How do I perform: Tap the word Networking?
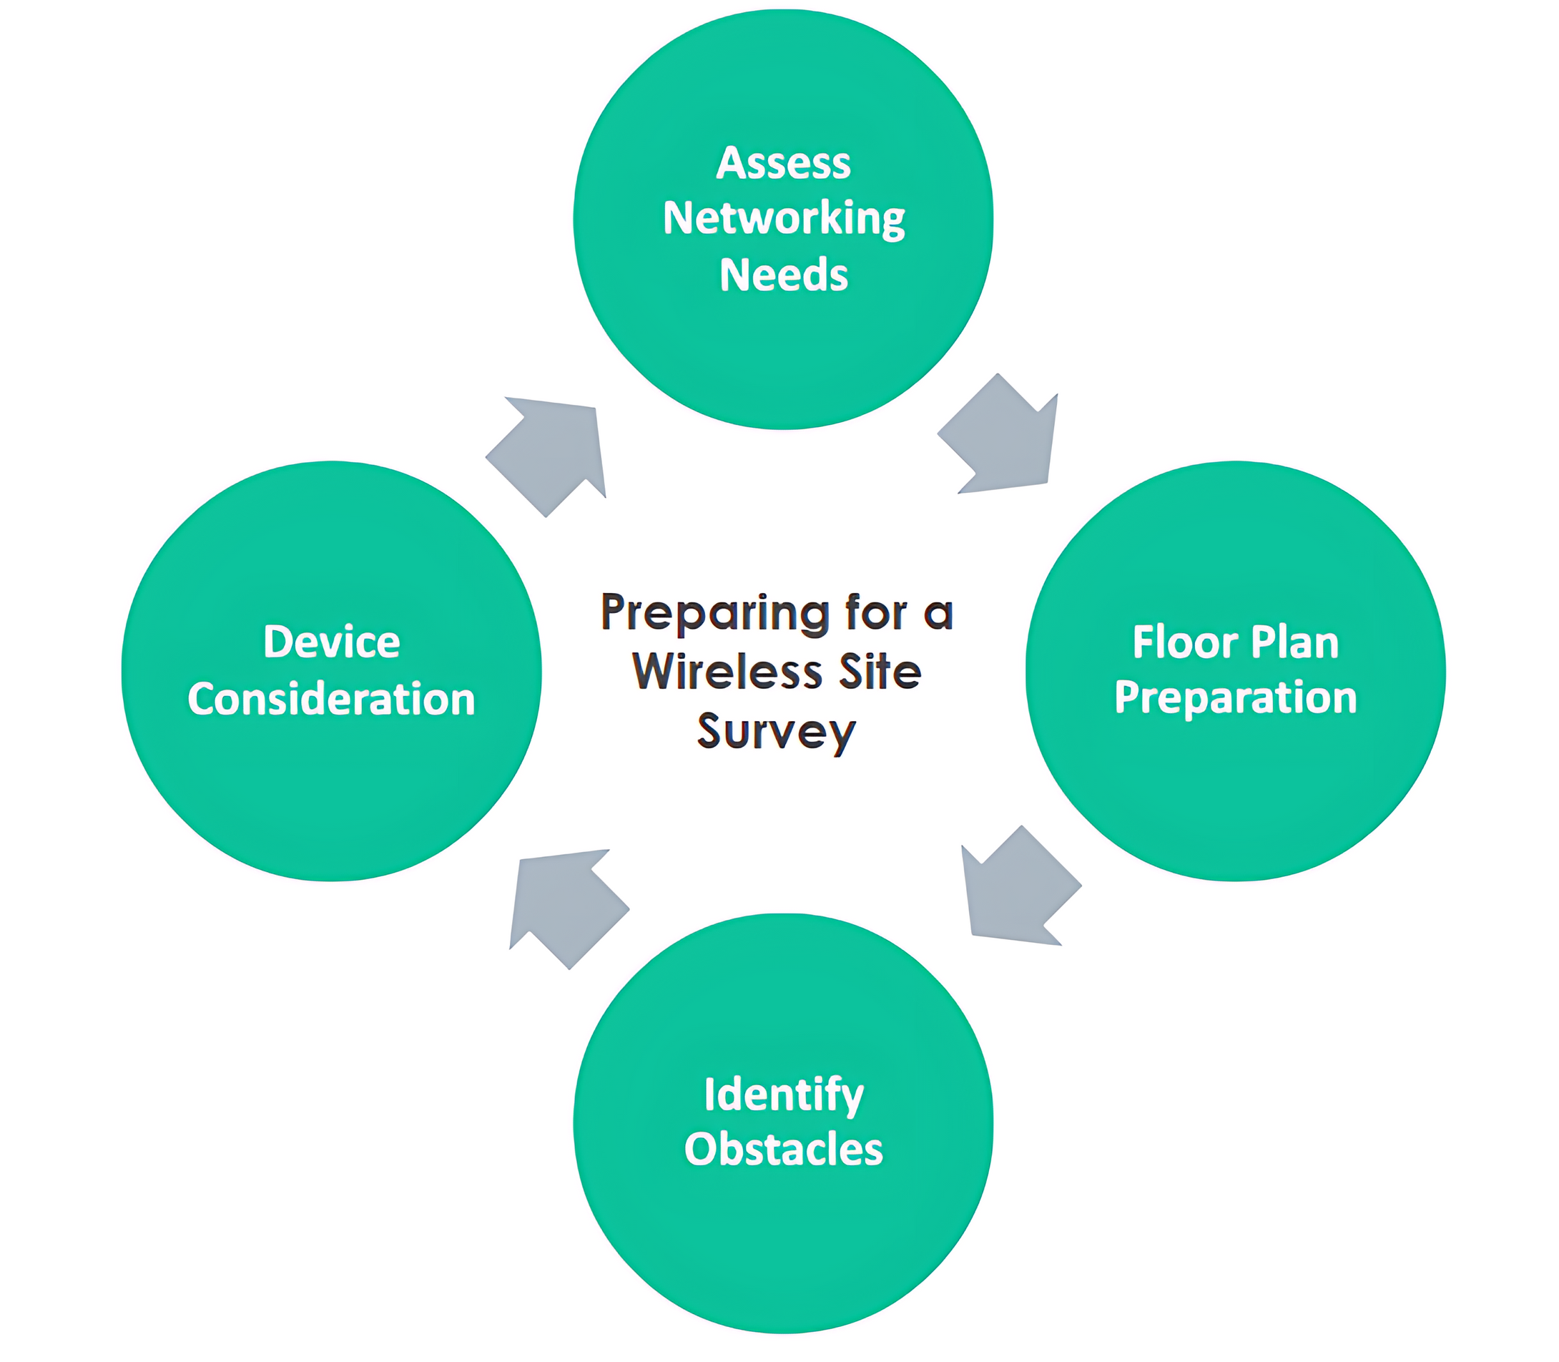[x=783, y=220]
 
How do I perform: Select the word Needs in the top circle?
[x=783, y=275]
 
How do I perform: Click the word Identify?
[x=783, y=1096]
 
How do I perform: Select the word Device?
[x=331, y=642]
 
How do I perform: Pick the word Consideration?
[x=331, y=700]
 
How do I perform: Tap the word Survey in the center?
[x=777, y=732]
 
